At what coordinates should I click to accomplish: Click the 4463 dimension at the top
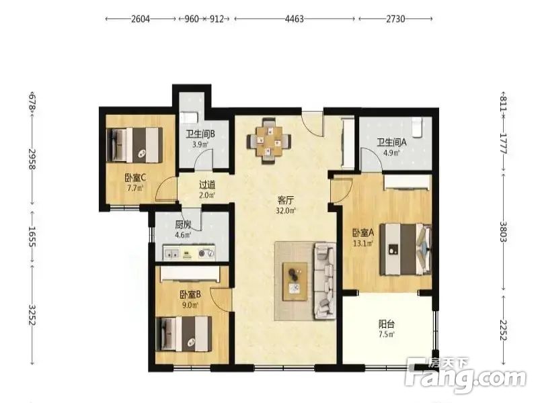295,19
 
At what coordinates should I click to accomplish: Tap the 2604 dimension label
141,19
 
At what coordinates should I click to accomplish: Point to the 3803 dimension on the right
503,232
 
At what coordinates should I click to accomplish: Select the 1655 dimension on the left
32,236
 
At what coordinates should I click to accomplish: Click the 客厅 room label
285,199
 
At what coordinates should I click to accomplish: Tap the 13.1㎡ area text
363,244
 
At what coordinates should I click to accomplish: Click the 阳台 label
386,324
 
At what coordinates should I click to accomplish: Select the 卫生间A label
391,142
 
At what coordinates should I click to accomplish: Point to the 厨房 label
183,225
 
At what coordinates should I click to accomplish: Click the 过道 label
207,185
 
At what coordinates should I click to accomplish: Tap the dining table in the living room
270,140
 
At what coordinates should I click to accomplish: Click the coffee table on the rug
295,281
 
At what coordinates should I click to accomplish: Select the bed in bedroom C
134,145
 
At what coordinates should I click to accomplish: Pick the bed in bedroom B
184,334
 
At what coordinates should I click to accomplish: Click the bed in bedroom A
406,249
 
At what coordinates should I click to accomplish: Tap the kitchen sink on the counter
171,253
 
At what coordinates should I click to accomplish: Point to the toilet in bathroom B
188,117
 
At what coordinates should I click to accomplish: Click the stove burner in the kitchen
206,254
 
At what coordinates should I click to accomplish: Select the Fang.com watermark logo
465,375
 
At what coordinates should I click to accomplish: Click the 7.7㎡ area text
135,188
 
